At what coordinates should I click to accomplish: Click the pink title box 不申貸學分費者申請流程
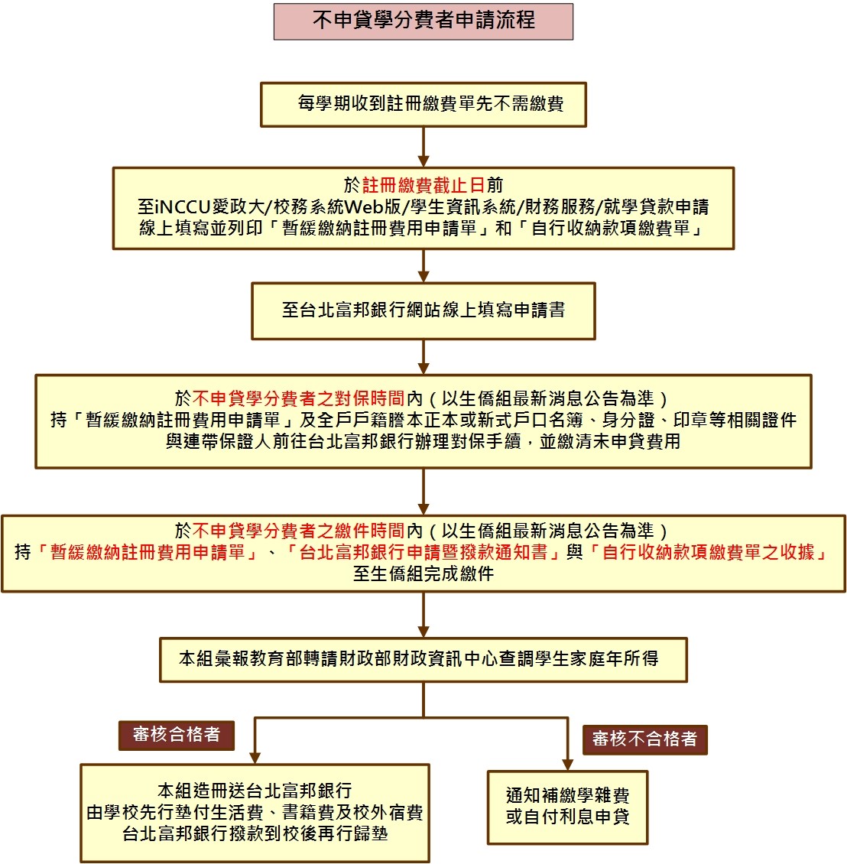tap(423, 21)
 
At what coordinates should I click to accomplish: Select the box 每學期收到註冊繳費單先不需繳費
tap(423, 104)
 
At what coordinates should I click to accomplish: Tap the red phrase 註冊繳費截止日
tap(423, 185)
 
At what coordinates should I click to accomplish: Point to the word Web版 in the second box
tap(372, 206)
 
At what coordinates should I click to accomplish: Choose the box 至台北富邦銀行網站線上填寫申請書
tap(423, 310)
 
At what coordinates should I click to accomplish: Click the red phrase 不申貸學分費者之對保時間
tap(298, 398)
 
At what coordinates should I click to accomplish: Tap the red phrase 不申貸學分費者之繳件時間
tap(298, 531)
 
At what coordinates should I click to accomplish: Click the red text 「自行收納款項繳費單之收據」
tap(708, 552)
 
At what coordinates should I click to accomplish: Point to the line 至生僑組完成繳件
tap(423, 573)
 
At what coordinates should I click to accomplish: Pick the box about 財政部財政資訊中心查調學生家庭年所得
tap(423, 659)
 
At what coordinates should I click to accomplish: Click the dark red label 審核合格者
tap(176, 735)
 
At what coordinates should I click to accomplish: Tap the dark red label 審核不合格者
tap(644, 739)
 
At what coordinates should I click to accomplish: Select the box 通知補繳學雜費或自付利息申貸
tap(567, 807)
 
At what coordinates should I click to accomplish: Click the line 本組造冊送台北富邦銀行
tap(255, 791)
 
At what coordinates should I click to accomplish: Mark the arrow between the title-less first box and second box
tap(423, 147)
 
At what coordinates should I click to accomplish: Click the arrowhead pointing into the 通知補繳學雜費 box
tap(567, 764)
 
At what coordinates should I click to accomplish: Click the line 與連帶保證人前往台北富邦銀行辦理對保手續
tap(423, 442)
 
